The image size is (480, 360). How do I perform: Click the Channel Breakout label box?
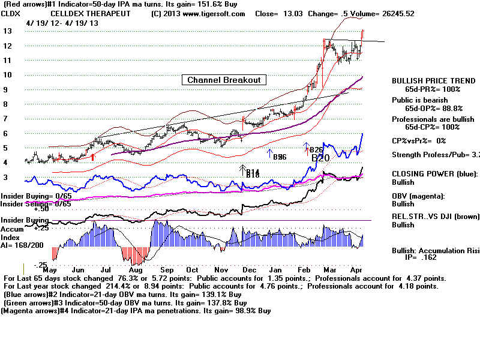[224, 80]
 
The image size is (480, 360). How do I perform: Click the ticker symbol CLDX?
[11, 13]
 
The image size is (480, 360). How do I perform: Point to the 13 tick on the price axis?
[7, 31]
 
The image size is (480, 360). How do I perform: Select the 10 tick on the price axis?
[7, 74]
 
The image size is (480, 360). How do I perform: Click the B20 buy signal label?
[320, 158]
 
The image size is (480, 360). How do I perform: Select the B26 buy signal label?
[317, 150]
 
